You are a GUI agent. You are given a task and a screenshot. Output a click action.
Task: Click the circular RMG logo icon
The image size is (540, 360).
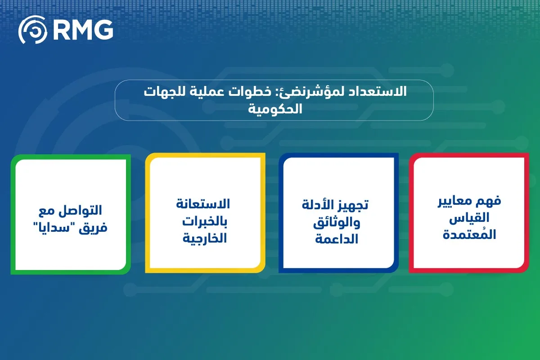point(33,30)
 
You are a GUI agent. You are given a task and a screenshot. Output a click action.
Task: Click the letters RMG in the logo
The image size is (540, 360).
point(83,30)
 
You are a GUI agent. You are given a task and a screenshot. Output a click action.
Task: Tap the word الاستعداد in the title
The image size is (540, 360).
point(378,92)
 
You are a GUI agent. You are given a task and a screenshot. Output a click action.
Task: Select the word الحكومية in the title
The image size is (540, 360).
point(275,109)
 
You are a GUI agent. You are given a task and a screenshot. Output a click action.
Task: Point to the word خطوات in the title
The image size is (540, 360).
point(250,92)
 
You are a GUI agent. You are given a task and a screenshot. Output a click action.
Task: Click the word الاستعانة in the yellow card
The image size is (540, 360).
point(203,204)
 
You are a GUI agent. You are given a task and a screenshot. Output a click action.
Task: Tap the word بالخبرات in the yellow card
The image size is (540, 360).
point(204,222)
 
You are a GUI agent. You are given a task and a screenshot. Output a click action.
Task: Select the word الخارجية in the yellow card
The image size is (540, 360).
point(204,238)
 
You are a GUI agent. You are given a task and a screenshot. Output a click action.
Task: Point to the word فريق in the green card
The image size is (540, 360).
point(93,228)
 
